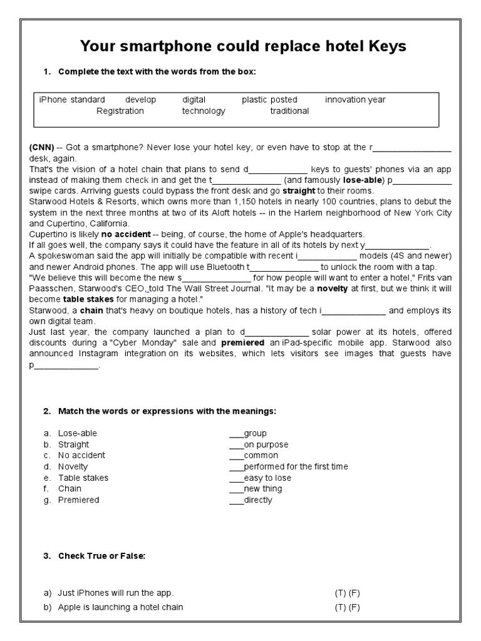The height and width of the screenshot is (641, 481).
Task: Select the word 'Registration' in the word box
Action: tap(120, 111)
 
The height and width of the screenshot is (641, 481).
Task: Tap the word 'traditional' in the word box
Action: tap(289, 111)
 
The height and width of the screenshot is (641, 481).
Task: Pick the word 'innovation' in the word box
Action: tap(346, 100)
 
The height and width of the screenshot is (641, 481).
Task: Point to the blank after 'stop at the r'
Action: tap(412, 148)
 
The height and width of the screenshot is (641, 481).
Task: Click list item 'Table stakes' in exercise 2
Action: tap(83, 478)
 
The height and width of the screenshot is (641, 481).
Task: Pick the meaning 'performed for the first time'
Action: tap(296, 466)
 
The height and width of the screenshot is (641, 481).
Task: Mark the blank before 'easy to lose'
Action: tap(236, 478)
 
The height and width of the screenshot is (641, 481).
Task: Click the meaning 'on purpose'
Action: tap(266, 444)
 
